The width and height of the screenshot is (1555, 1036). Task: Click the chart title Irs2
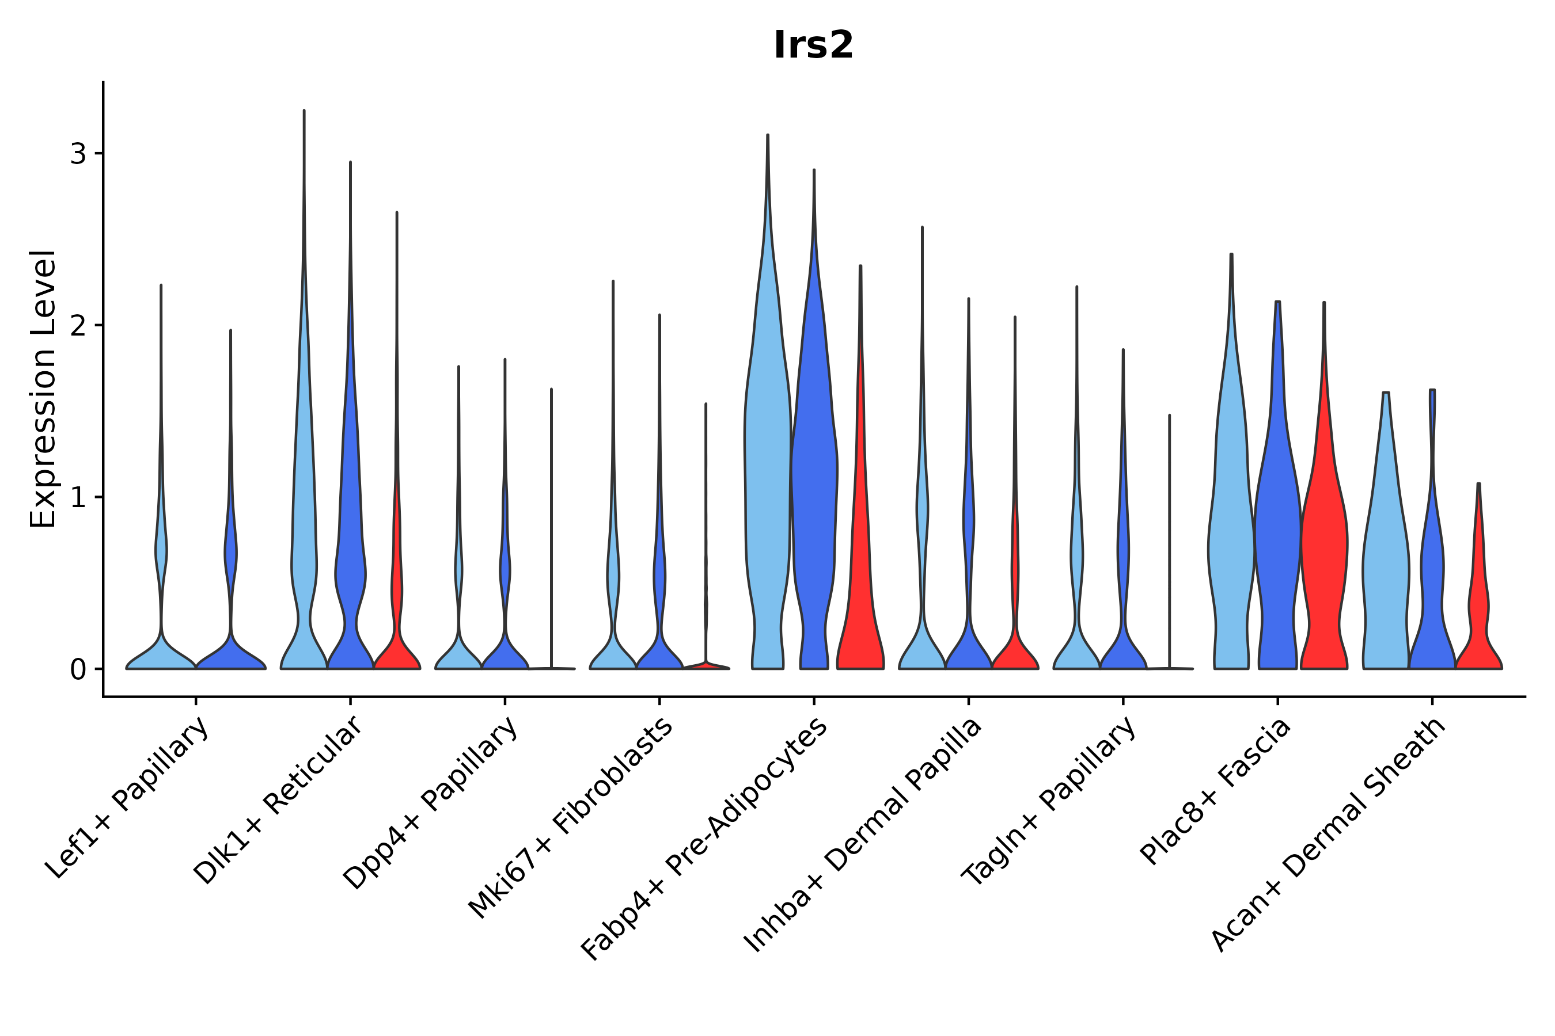813,45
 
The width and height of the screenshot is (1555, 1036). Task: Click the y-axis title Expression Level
43,389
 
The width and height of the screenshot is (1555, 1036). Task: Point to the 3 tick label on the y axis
78,154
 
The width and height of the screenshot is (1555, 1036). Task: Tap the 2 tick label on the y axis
78,326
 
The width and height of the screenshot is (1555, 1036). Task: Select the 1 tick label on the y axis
78,497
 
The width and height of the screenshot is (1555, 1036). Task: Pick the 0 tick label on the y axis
78,670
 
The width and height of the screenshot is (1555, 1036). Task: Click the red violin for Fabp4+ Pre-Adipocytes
860,595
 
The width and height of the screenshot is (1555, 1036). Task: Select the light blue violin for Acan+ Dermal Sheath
1385,562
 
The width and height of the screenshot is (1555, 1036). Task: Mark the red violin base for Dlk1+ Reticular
397,654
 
